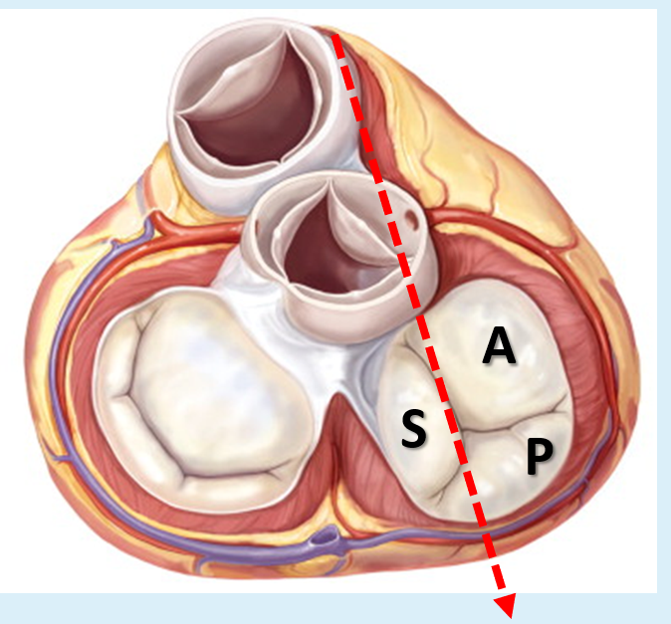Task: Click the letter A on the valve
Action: coord(498,347)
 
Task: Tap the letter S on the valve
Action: coord(414,430)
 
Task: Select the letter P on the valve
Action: coord(538,456)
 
